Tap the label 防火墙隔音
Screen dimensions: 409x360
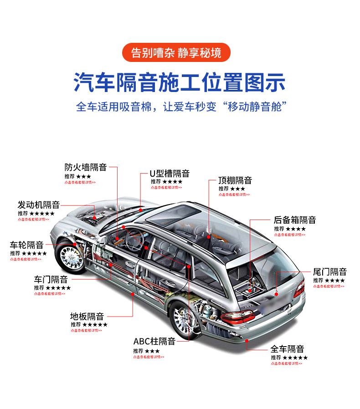point(86,167)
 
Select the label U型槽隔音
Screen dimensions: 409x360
point(170,174)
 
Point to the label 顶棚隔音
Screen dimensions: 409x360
point(235,180)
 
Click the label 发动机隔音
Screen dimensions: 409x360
point(39,205)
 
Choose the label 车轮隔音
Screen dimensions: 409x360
point(27,245)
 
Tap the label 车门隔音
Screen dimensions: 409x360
point(51,279)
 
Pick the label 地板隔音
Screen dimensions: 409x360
point(87,316)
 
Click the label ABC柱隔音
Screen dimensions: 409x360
point(154,341)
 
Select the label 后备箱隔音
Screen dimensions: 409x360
point(294,220)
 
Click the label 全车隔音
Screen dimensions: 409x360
point(287,349)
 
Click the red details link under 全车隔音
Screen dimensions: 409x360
point(286,363)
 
